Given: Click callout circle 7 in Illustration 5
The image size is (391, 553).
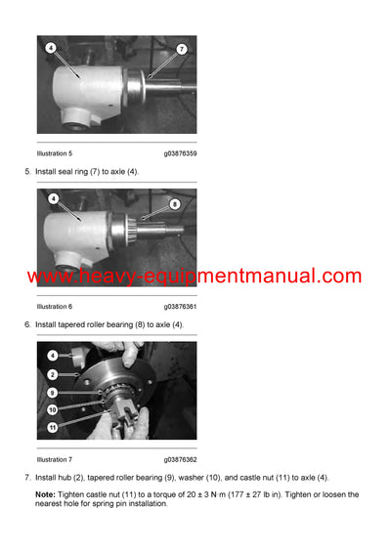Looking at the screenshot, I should (x=182, y=49).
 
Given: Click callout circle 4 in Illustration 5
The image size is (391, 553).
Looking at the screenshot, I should (x=51, y=46).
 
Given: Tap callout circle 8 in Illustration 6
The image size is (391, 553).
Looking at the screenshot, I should (x=175, y=204).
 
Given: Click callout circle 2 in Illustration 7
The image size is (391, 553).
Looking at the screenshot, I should (x=52, y=374).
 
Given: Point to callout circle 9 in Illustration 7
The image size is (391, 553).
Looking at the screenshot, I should (x=52, y=393).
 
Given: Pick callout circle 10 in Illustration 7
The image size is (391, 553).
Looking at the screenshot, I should (x=52, y=409).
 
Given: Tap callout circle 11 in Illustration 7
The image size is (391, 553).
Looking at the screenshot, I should (x=52, y=426).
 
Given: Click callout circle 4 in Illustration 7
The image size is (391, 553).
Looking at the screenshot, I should (x=52, y=356).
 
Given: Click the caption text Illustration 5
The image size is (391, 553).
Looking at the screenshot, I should (x=54, y=153).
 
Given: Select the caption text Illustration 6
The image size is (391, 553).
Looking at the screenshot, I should (x=54, y=306).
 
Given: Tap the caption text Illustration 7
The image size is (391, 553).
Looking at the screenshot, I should (x=54, y=459).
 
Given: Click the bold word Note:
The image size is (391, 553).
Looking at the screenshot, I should (x=47, y=494).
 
